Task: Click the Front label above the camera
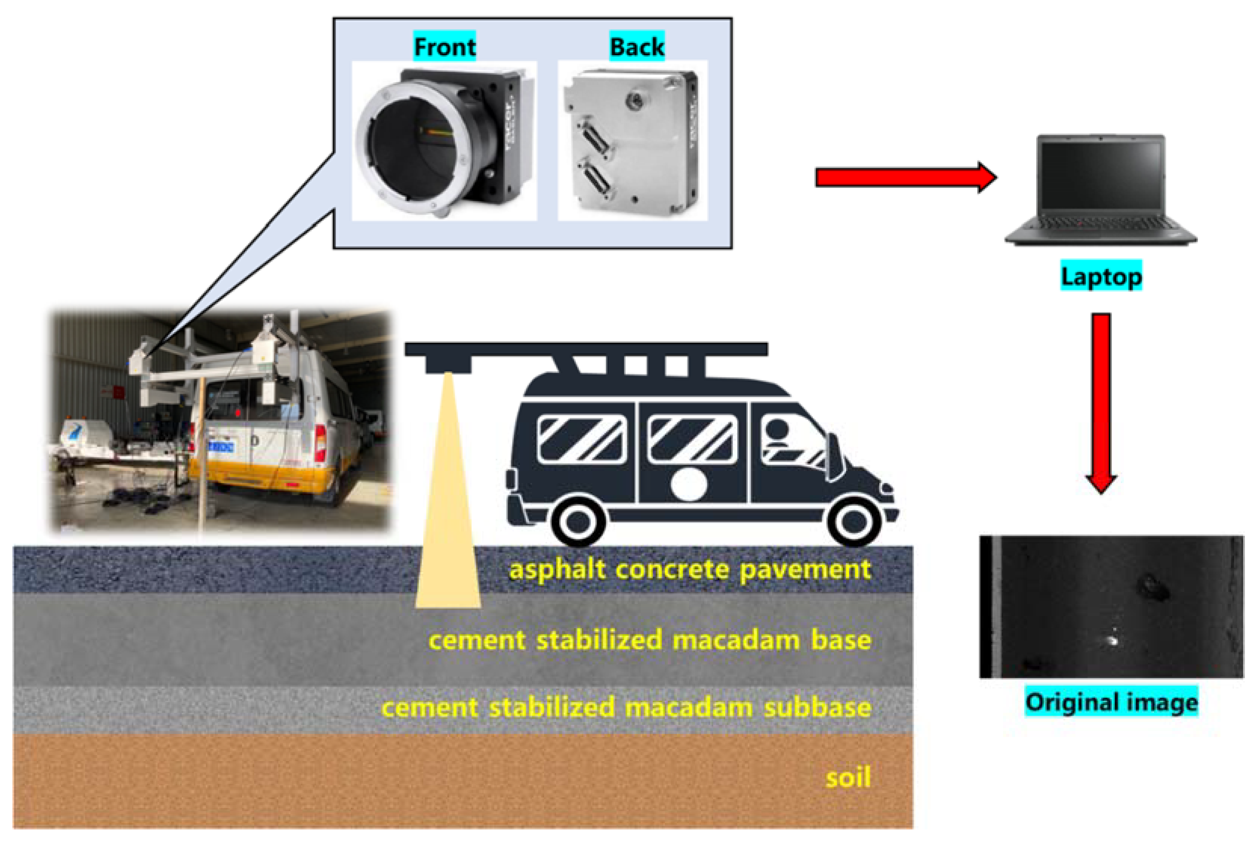[x=445, y=47]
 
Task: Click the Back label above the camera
[x=637, y=47]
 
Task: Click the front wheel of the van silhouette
[x=853, y=521]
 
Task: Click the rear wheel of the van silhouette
[x=578, y=521]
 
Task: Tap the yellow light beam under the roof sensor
[x=448, y=511]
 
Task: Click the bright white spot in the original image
[x=1111, y=640]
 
